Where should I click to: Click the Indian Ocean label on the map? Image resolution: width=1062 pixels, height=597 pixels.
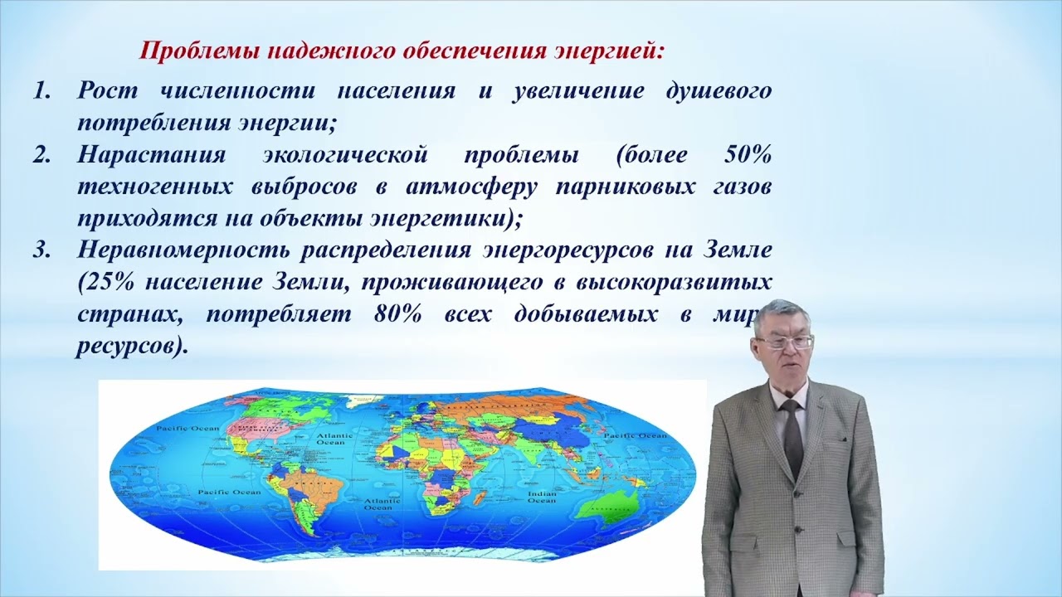coord(542,497)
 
